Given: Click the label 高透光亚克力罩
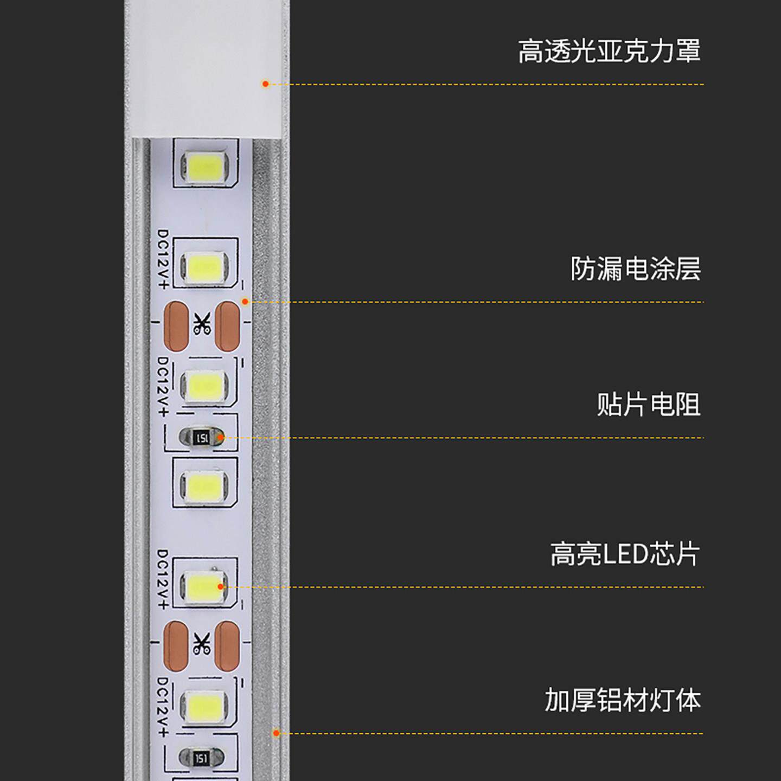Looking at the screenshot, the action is [x=609, y=52].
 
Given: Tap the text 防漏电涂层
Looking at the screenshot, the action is [x=635, y=269].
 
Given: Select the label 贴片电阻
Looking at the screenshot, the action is [x=648, y=405].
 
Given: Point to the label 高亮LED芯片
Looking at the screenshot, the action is [x=625, y=554].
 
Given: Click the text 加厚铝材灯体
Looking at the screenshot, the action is [x=623, y=700].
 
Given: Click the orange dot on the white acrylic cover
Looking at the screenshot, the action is [x=265, y=84].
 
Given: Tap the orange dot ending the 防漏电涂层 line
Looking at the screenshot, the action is [x=245, y=302].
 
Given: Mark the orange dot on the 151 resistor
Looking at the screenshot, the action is [x=220, y=437].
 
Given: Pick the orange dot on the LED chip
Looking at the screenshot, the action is [x=220, y=586].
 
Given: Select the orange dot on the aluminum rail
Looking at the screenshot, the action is [x=276, y=733].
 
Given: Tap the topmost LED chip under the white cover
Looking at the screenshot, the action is [x=205, y=166].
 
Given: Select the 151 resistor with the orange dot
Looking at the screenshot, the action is [x=202, y=437].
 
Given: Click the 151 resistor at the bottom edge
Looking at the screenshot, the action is [x=201, y=758].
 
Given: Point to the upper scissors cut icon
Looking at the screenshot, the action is [x=202, y=324].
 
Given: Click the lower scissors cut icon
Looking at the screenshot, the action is [x=202, y=644].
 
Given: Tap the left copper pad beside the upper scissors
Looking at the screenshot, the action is [x=176, y=326].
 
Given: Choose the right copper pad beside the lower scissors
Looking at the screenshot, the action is [x=227, y=645].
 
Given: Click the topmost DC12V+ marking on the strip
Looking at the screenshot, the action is [x=163, y=259].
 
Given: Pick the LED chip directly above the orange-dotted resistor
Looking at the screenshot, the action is [x=204, y=386].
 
